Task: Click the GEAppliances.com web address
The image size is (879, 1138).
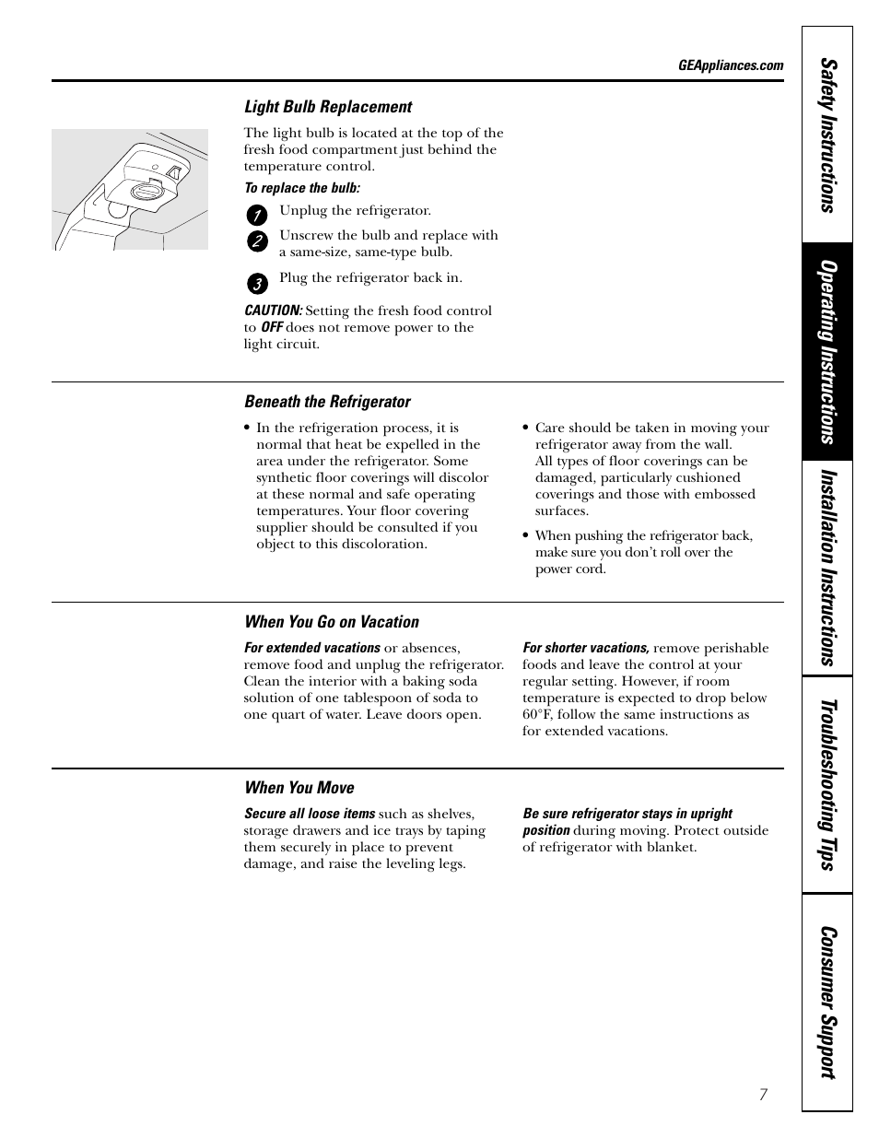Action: [x=730, y=65]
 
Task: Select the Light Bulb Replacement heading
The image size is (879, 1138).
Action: [x=327, y=107]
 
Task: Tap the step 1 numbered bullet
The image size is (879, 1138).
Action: [x=257, y=216]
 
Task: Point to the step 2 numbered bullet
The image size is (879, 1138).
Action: [x=257, y=241]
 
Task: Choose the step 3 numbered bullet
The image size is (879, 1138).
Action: [x=257, y=283]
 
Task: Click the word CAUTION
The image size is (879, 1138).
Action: [x=273, y=311]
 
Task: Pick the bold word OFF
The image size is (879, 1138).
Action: [x=272, y=328]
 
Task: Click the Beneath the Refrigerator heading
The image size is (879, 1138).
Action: [x=327, y=402]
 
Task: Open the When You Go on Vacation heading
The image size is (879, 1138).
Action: [x=331, y=622]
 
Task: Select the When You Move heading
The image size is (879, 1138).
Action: [x=299, y=788]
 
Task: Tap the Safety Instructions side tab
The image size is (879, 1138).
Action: [x=827, y=135]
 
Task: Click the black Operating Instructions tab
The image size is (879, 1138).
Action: [x=827, y=352]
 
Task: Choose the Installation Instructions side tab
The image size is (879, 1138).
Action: [x=827, y=568]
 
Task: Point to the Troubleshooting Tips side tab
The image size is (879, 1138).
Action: [x=827, y=784]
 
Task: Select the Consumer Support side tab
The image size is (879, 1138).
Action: [x=827, y=1002]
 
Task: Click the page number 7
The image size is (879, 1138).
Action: [x=763, y=1095]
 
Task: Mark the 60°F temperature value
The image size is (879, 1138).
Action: [x=538, y=715]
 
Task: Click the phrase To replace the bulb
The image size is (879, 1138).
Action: [x=301, y=188]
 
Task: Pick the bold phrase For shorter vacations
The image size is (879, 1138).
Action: [x=585, y=648]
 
